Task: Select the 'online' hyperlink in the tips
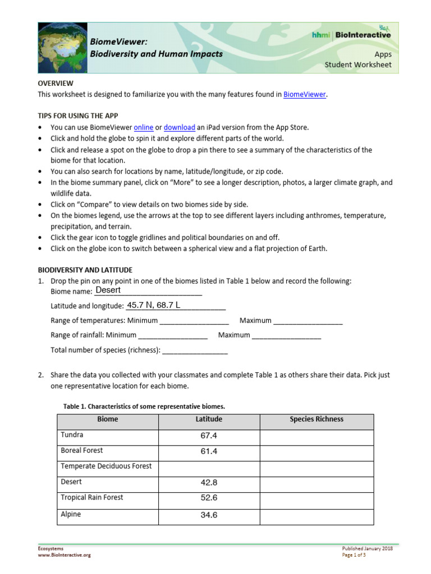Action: [144, 127]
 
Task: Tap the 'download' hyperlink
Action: [179, 127]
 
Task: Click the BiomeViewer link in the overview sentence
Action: [304, 95]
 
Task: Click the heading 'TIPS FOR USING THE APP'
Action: [78, 115]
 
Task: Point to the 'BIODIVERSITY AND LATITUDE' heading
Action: [85, 270]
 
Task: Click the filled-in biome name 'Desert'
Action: [108, 290]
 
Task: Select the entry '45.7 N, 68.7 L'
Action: [154, 305]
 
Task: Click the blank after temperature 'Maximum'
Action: [308, 321]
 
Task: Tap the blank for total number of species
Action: [195, 350]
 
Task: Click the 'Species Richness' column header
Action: [316, 419]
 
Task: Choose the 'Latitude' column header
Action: [209, 419]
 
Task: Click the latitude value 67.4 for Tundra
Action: [209, 436]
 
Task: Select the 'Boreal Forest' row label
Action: [82, 451]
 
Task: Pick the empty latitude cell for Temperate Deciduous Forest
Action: [209, 467]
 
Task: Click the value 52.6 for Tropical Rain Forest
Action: [209, 498]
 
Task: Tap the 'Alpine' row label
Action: [71, 514]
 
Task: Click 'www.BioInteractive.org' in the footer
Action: [64, 555]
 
